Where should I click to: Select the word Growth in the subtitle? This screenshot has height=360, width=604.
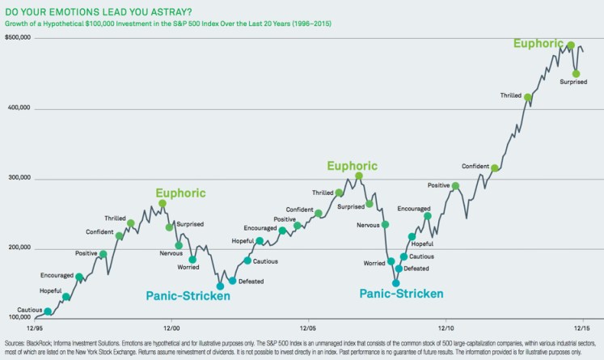[x=18, y=23]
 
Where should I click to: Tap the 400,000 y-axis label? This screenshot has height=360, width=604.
[x=19, y=108]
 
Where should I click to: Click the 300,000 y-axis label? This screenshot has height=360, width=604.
[x=19, y=179]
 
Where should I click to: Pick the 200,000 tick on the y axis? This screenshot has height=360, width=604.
[x=19, y=248]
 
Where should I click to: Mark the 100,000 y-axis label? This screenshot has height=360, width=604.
[x=19, y=319]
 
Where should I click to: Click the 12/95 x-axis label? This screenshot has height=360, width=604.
[x=35, y=329]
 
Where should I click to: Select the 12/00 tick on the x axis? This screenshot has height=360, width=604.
[x=171, y=329]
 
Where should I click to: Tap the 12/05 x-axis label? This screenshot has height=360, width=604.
[x=307, y=329]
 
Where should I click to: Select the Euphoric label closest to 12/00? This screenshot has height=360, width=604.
[x=181, y=193]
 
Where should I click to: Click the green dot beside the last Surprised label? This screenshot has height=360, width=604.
[x=577, y=74]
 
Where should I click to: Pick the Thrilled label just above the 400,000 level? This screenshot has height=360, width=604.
[x=510, y=95]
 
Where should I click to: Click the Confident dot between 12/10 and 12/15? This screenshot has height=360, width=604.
[x=495, y=168]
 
